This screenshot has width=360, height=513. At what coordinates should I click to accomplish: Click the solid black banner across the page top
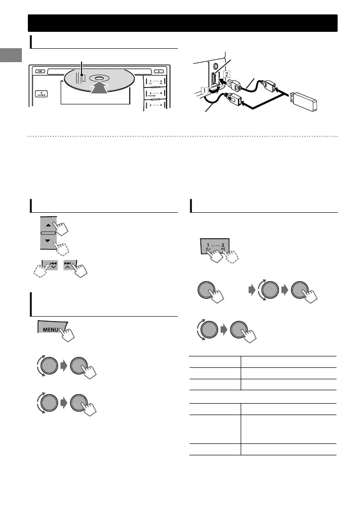point(182,23)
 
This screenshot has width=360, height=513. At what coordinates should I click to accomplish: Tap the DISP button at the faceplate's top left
point(38,71)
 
